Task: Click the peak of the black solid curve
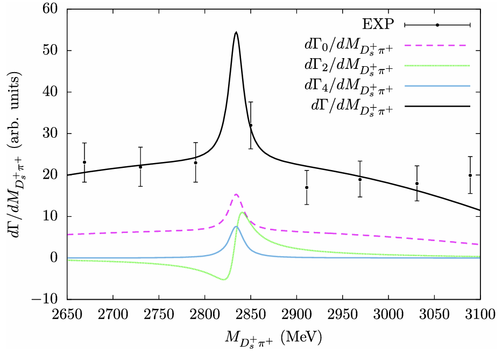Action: (236, 32)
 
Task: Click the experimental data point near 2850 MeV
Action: (250, 125)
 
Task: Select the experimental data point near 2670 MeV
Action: (84, 162)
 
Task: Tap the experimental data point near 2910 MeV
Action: (307, 187)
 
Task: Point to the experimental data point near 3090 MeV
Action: (470, 175)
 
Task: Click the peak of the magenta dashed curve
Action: (236, 194)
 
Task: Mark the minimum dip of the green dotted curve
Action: (224, 280)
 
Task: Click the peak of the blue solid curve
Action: (236, 227)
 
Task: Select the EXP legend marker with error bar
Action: (437, 25)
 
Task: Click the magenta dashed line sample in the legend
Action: (437, 45)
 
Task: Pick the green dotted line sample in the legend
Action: (437, 66)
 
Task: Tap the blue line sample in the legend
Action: (437, 86)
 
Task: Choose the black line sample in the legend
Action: (437, 107)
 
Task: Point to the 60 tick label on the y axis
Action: (52, 9)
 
